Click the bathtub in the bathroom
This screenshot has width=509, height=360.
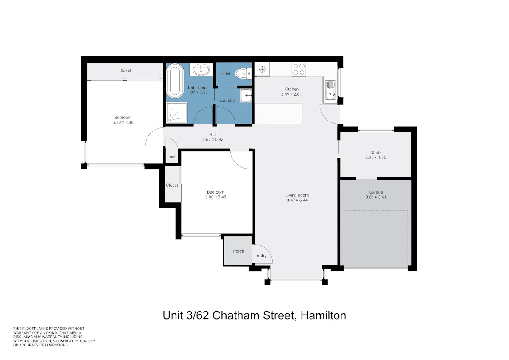(175, 81)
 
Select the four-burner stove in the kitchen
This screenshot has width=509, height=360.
(299, 69)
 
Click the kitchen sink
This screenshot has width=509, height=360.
(330, 90)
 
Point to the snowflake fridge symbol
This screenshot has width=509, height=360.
(262, 69)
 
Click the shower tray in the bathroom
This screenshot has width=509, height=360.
(176, 113)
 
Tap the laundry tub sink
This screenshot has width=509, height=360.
(246, 96)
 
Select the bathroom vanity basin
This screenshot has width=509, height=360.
(201, 69)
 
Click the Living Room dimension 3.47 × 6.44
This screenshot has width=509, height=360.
(297, 200)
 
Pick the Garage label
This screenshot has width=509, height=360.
(376, 192)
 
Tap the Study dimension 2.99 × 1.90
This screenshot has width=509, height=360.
(376, 157)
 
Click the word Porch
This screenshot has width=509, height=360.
(238, 251)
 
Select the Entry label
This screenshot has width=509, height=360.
(261, 256)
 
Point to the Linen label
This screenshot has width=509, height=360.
(171, 157)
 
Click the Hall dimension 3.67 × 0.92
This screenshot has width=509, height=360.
(213, 139)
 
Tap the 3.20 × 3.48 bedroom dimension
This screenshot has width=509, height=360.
(123, 122)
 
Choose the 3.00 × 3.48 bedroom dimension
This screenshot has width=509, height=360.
(215, 197)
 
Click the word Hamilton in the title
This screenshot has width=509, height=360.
(323, 316)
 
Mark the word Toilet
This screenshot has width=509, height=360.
(225, 73)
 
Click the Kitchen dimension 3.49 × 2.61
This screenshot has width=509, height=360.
(291, 94)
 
